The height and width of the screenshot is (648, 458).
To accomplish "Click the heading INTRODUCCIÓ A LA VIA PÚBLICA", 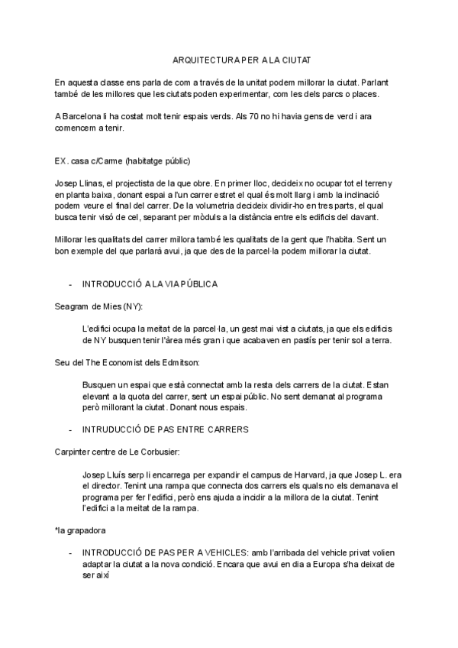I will point(150,284).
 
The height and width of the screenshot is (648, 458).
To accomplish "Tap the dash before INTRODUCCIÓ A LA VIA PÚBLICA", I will point(70,284).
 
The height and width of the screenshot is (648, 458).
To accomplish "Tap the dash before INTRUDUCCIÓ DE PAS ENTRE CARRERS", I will point(70,429).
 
